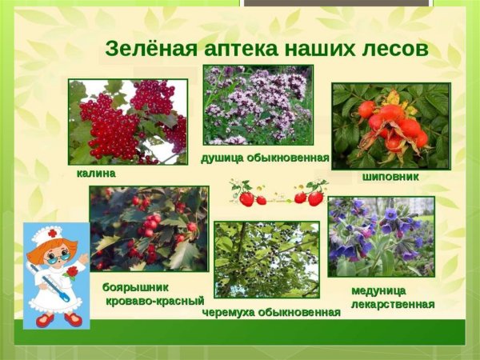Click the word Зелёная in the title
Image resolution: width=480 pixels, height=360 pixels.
tap(145, 49)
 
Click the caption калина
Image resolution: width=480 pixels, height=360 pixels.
tap(96, 173)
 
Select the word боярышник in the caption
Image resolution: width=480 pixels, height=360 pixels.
tap(136, 286)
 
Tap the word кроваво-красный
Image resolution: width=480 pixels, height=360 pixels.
tap(154, 301)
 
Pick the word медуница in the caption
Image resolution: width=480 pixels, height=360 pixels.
tap(378, 290)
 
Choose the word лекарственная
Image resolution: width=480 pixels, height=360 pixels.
tap(393, 303)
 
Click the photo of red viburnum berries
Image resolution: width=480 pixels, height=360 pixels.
tap(128, 120)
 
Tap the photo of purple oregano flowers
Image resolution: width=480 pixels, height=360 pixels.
tap(258, 105)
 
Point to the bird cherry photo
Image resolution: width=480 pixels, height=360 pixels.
tap(266, 259)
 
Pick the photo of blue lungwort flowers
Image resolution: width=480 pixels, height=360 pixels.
tap(381, 237)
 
